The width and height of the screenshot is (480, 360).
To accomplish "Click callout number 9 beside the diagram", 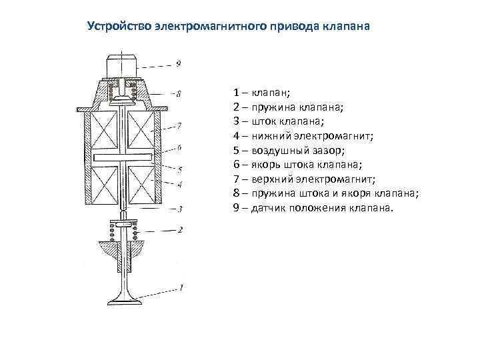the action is [179, 65].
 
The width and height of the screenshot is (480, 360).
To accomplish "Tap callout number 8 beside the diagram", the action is [179, 94].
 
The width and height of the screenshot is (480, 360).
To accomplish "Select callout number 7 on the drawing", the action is [179, 125].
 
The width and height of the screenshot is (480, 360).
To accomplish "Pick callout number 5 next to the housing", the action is [179, 170].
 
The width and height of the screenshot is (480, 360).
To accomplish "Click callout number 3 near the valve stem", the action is [179, 209].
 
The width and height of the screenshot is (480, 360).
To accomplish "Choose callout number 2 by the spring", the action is [179, 230].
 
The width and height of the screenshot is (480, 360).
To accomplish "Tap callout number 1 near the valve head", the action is [180, 288].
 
